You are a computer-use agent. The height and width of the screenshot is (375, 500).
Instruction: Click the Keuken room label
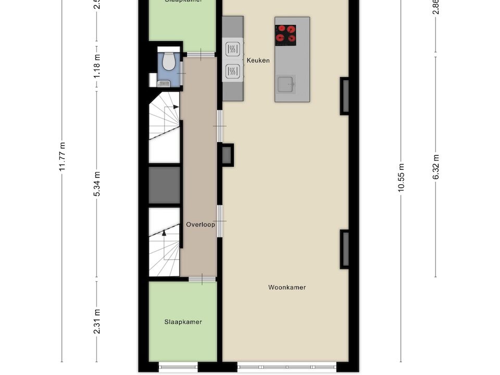(258, 60)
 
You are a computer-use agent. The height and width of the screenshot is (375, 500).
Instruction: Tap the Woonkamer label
(287, 287)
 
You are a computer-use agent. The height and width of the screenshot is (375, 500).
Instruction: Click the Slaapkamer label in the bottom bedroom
(183, 322)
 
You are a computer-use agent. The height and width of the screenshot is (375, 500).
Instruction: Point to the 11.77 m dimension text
(62, 156)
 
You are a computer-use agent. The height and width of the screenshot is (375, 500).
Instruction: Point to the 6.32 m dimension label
(436, 167)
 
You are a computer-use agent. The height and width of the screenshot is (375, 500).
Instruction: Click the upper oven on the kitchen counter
(232, 49)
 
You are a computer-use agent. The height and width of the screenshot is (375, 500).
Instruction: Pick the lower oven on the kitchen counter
(232, 71)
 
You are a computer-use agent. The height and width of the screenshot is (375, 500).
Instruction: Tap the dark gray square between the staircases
(164, 185)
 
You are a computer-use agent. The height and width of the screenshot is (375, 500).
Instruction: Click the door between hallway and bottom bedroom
(202, 280)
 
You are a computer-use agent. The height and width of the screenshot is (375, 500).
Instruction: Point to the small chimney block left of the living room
(227, 155)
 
